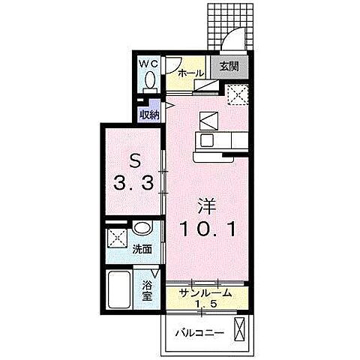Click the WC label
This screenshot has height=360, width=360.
[x=148, y=64]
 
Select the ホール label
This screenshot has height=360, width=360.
[x=191, y=73]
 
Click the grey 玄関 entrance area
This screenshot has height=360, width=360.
[x=229, y=67]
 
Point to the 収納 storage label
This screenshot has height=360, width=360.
[x=149, y=115]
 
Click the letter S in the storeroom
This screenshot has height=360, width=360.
[x=134, y=163]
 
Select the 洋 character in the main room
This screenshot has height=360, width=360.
[x=207, y=206]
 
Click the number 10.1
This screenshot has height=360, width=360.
[x=208, y=229]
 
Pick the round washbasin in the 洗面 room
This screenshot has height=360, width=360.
[x=142, y=228]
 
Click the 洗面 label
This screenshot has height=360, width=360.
[x=142, y=249]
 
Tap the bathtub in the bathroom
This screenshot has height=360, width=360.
[x=119, y=289]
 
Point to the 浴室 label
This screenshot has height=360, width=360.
[x=148, y=291]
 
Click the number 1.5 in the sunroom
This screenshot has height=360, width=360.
[x=205, y=304]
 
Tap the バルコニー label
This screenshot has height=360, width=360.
[x=199, y=333]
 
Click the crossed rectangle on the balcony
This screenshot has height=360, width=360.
[x=238, y=329]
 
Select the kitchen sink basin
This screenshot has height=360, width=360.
[x=207, y=140]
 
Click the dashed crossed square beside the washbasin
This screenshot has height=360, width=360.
[x=117, y=238]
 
